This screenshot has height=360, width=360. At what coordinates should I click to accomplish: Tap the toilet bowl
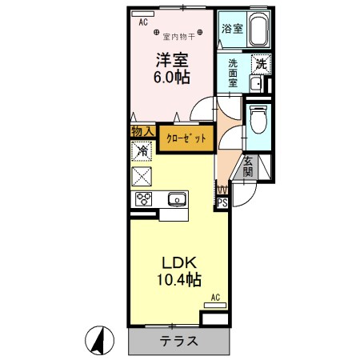point(258,120)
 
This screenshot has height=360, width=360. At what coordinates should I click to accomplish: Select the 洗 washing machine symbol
point(260,63)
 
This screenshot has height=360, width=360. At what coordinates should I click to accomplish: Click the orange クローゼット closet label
point(186,138)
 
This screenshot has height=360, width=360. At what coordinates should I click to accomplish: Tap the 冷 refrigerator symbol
point(142,150)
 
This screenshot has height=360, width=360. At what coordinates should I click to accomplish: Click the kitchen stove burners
point(144,199)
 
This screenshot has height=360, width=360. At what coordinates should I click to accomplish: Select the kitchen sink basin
point(175,199)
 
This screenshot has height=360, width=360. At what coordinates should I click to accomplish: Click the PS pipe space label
point(222,203)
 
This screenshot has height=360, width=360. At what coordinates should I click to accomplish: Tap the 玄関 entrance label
point(248,166)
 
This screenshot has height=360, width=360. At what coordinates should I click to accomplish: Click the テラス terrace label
point(178,340)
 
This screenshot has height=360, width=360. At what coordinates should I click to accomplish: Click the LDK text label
point(179,263)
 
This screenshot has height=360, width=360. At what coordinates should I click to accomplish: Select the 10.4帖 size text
point(179,280)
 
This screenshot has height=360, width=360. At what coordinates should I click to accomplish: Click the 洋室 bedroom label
point(172,60)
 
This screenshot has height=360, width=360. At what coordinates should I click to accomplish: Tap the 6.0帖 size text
point(172,78)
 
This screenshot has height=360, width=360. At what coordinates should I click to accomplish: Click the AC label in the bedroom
point(143,23)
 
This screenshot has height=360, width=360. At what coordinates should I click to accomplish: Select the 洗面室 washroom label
point(234,73)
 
